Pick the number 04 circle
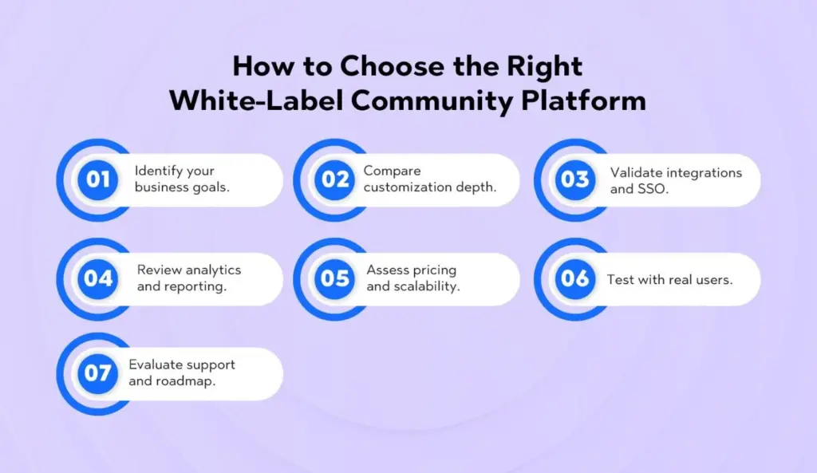coord(97,278)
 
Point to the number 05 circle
coord(336,278)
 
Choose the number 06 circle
coord(574,278)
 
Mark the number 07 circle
coord(97,373)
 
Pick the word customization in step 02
coord(405,187)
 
